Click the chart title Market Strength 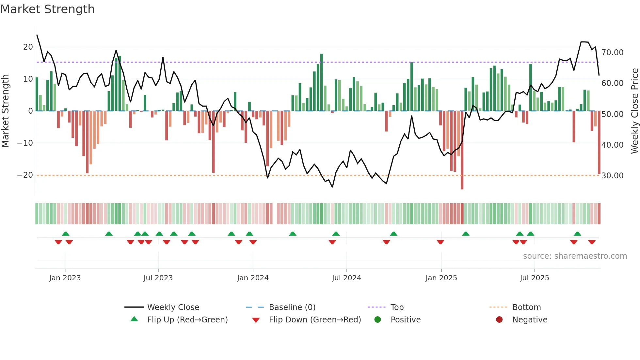point(47,9)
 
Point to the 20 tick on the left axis point(28,47)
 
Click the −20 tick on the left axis point(25,175)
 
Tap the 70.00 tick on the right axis point(612,53)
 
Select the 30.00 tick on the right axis point(612,176)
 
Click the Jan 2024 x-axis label point(253,278)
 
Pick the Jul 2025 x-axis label point(534,278)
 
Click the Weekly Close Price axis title point(634,111)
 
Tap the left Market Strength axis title point(5,111)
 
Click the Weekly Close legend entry point(173,307)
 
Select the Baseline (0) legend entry point(292,307)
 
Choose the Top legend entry point(397,307)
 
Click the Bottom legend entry point(526,307)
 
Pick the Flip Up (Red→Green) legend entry point(187,320)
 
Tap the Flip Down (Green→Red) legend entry point(314,320)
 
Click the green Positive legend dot point(378,320)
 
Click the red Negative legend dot point(499,320)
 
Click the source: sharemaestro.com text point(575,256)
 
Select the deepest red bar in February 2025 point(462,150)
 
